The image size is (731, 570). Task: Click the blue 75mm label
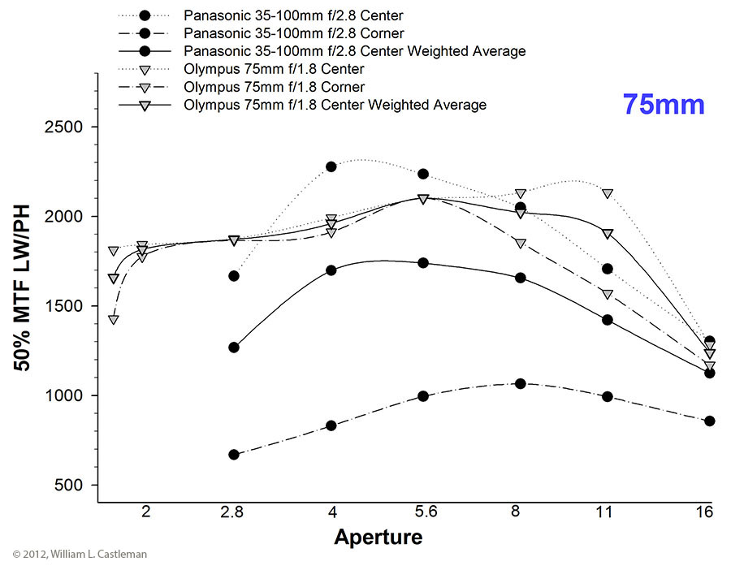click(664, 105)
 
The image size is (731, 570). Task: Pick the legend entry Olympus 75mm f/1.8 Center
click(274, 69)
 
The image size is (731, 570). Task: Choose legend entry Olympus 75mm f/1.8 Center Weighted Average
click(335, 105)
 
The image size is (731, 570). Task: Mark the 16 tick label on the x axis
click(704, 512)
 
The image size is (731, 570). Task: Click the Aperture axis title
click(378, 537)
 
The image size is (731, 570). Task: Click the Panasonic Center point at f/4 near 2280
click(331, 166)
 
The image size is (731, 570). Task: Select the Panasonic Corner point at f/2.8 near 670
click(234, 455)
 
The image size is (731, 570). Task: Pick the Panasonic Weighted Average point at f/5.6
click(423, 263)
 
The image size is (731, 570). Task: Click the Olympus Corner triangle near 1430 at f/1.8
click(114, 319)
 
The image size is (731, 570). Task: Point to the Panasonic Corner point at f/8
click(521, 383)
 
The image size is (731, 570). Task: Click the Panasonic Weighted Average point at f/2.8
click(234, 348)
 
